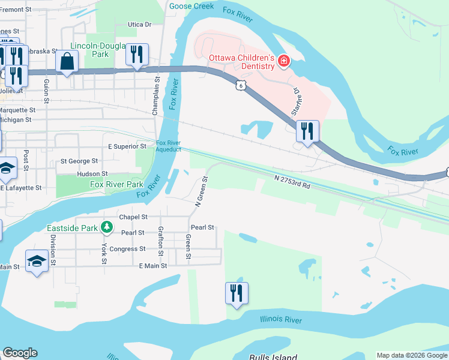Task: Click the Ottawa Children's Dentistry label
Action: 241,62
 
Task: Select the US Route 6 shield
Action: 240,85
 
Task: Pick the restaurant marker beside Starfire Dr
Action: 307,131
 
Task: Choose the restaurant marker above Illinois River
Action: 237,293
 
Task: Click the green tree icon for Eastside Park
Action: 106,227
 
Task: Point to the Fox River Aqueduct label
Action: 169,146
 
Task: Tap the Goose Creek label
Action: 191,6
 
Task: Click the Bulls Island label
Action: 273,356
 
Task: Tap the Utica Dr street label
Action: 139,25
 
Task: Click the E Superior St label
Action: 127,146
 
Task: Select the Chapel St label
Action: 133,217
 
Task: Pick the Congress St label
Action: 127,248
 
